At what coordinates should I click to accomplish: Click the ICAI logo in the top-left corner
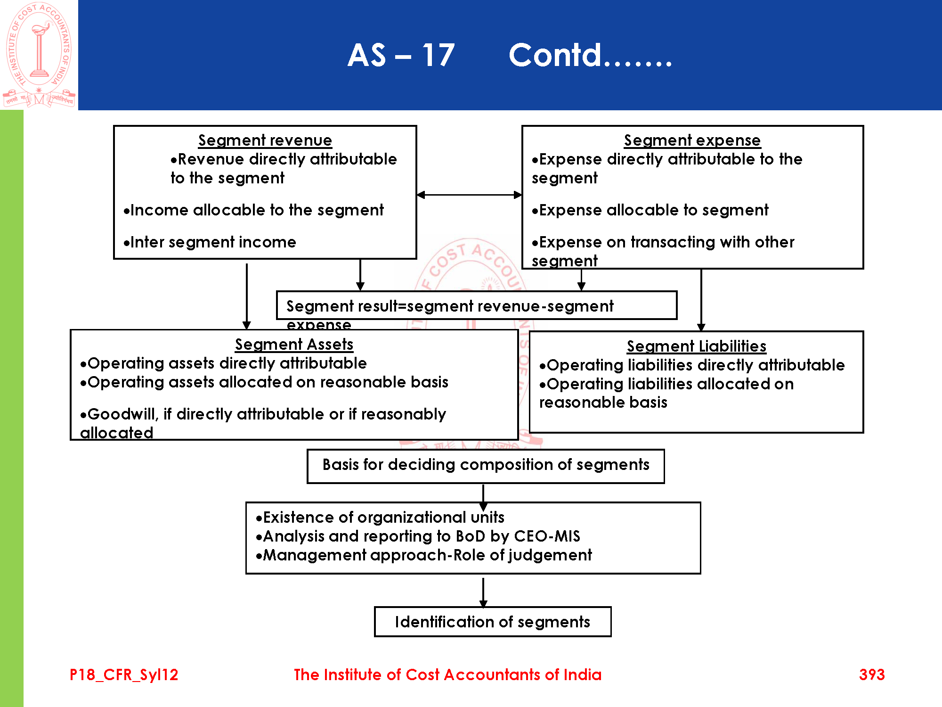tap(39, 55)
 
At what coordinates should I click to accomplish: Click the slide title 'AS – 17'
tap(401, 55)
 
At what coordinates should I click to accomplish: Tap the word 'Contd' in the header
tap(556, 55)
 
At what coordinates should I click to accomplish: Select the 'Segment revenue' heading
tap(265, 140)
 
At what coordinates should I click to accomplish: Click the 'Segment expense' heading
tap(692, 140)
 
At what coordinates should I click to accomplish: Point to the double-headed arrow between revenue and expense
tap(469, 195)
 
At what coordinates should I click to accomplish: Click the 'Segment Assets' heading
tap(294, 345)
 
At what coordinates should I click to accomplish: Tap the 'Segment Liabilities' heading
tap(696, 346)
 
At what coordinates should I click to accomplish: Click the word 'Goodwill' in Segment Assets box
tap(122, 414)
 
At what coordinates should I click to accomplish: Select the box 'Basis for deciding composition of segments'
tap(486, 465)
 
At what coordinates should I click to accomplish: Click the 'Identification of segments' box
tap(492, 622)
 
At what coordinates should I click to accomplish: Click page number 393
tap(871, 674)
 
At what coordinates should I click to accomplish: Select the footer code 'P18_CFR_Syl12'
tap(124, 674)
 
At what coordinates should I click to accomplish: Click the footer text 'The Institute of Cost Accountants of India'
tap(447, 674)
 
